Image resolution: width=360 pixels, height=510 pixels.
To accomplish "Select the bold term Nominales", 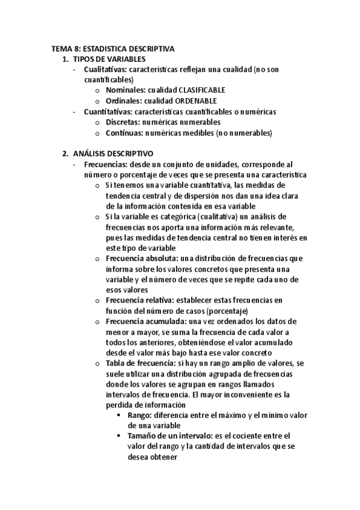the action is point(124,90).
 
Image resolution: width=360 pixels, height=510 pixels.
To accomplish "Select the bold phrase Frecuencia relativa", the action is point(136,300).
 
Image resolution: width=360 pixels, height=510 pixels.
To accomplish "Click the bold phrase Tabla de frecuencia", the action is point(136,363).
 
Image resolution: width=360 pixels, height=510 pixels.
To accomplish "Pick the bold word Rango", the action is point(140,415).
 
